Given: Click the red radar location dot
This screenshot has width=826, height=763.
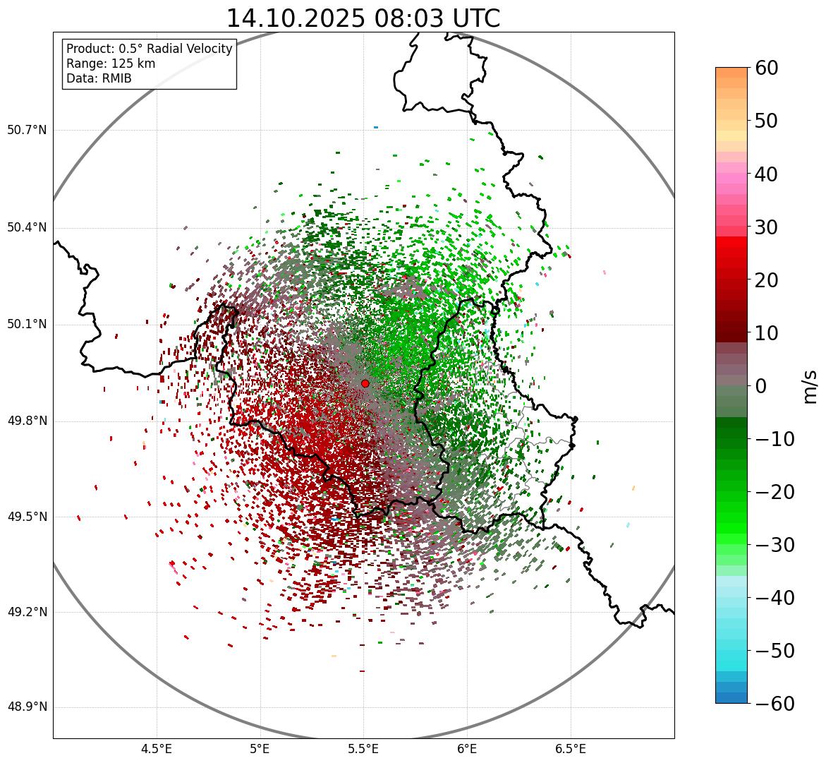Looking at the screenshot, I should click(365, 383).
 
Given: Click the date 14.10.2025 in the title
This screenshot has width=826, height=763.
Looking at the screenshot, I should click(293, 18).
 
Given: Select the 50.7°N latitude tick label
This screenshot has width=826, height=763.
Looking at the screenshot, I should click(26, 130).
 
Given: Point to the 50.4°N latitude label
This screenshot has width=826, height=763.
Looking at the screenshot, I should click(26, 227).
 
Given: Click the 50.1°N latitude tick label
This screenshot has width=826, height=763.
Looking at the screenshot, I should click(26, 325).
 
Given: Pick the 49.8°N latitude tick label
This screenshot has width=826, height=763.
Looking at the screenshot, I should click(26, 421).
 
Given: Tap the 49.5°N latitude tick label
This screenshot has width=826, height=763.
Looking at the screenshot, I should click(26, 517).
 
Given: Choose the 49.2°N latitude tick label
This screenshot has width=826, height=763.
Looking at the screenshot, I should click(26, 612).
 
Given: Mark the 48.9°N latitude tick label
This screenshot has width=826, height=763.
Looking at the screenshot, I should click(26, 707).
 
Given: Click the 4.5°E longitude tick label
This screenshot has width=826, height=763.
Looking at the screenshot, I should click(157, 749).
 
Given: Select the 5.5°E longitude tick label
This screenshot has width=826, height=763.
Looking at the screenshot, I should click(363, 749).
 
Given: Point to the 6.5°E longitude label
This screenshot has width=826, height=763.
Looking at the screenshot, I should click(571, 749).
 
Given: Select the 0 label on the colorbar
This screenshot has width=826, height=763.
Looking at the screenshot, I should click(761, 386).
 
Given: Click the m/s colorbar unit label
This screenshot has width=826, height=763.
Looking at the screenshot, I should click(810, 385).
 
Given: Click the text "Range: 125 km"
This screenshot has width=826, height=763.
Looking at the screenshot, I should click(111, 64).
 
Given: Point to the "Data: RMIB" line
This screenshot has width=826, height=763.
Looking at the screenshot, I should click(99, 78).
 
